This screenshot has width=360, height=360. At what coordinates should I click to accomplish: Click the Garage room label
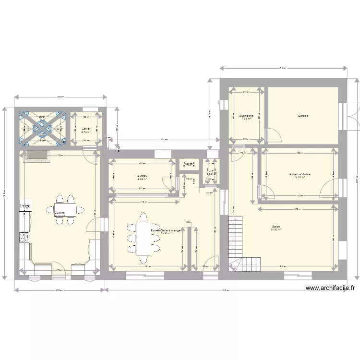tap(303, 116)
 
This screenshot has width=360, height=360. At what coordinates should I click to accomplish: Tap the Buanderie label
tap(246, 116)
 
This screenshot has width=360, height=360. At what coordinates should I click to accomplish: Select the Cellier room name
tap(86, 128)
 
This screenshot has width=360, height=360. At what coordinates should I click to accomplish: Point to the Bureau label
tap(142, 176)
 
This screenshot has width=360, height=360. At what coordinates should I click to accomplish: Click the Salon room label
tap(276, 227)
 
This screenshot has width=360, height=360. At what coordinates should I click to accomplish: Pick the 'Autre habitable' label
tap(300, 174)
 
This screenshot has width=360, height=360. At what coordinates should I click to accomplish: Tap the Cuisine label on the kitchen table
tap(60, 212)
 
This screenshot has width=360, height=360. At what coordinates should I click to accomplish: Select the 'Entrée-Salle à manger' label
tap(166, 230)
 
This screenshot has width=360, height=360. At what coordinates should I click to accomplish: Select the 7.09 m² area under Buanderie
tap(246, 119)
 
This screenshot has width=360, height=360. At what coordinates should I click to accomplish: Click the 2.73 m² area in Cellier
tap(86, 132)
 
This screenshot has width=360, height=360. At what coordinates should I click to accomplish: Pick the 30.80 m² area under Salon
tap(276, 230)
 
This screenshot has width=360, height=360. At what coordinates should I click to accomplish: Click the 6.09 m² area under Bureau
tap(142, 180)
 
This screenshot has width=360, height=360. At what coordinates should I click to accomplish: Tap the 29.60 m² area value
tap(167, 234)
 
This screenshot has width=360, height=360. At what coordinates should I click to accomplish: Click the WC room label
tap(211, 170)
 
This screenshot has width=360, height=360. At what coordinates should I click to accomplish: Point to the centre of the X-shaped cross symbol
tap(42, 128)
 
